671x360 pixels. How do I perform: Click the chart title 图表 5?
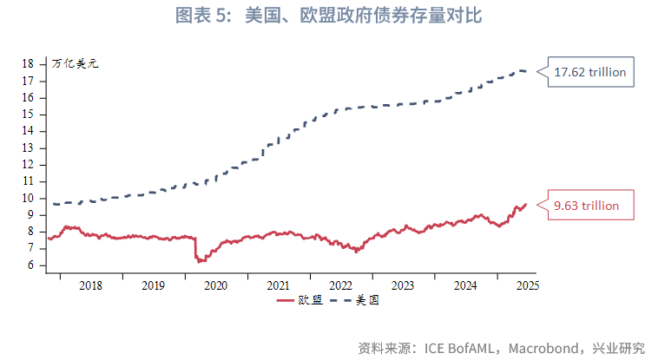(335, 16)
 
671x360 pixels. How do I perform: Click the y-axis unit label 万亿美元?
(75, 64)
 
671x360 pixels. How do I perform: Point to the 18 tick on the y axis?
(29, 64)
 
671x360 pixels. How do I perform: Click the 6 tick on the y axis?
(31, 265)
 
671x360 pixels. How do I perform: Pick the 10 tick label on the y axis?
(29, 199)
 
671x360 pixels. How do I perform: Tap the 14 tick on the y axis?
(29, 131)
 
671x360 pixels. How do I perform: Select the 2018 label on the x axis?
(90, 285)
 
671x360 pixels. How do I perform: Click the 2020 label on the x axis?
(215, 285)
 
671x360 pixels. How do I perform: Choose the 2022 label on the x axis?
(340, 285)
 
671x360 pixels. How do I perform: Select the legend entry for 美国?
(356, 301)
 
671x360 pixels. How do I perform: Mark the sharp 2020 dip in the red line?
(199, 259)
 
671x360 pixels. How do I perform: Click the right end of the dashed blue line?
(525, 71)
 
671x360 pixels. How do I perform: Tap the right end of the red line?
(525, 205)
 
